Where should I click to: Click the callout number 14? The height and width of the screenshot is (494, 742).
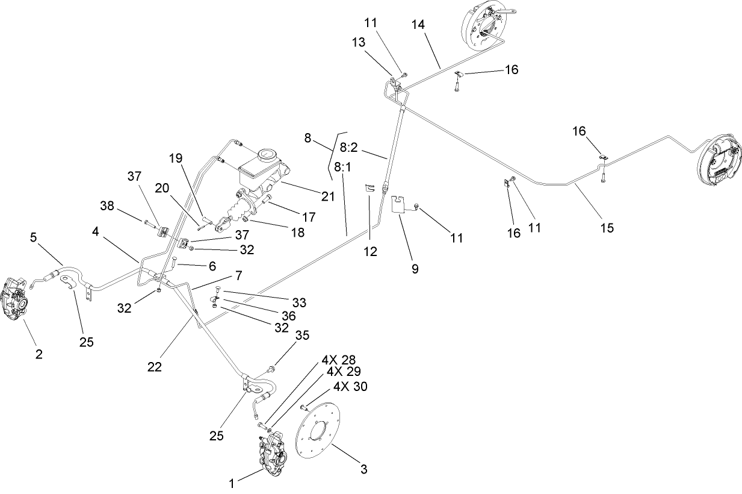(x=418, y=25)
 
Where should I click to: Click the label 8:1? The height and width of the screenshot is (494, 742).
(x=342, y=167)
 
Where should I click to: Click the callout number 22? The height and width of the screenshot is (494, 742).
(x=155, y=366)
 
